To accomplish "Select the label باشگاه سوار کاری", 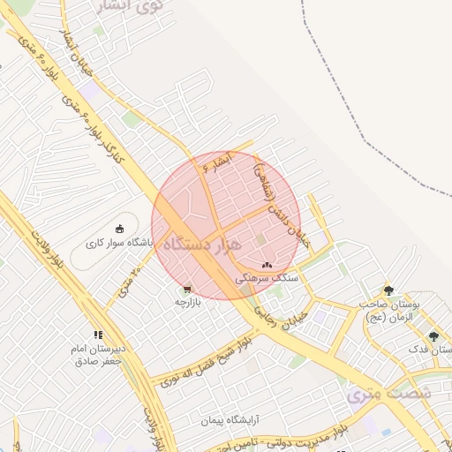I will click(x=120, y=242).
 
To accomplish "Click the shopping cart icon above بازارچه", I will click(x=186, y=289).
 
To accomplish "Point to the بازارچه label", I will click(x=187, y=301).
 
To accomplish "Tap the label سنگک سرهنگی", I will click(x=268, y=277).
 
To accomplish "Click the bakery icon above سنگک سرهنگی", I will click(x=267, y=265).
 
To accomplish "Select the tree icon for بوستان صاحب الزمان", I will click(x=388, y=290).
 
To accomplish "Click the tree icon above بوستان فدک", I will click(x=433, y=336).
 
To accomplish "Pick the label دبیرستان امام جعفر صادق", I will click(x=97, y=355).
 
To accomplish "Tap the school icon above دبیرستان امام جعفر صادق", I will click(x=98, y=335).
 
